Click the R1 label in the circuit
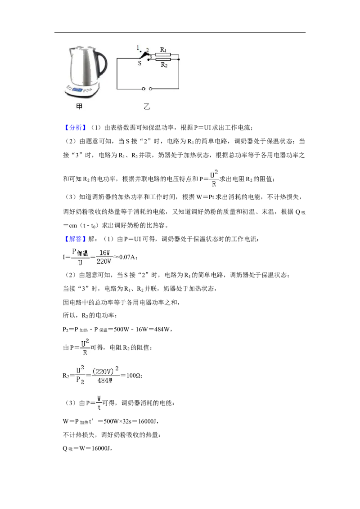click(163, 49)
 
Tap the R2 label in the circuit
click(164, 65)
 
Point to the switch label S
click(139, 63)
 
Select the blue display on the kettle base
click(77, 89)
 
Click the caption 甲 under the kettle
click(79, 106)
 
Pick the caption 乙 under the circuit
click(147, 106)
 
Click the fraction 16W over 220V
click(104, 257)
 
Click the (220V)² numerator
click(106, 371)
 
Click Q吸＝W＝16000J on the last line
click(87, 448)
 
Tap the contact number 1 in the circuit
click(138, 48)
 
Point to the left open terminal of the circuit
click(144, 89)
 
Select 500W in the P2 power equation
click(121, 329)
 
